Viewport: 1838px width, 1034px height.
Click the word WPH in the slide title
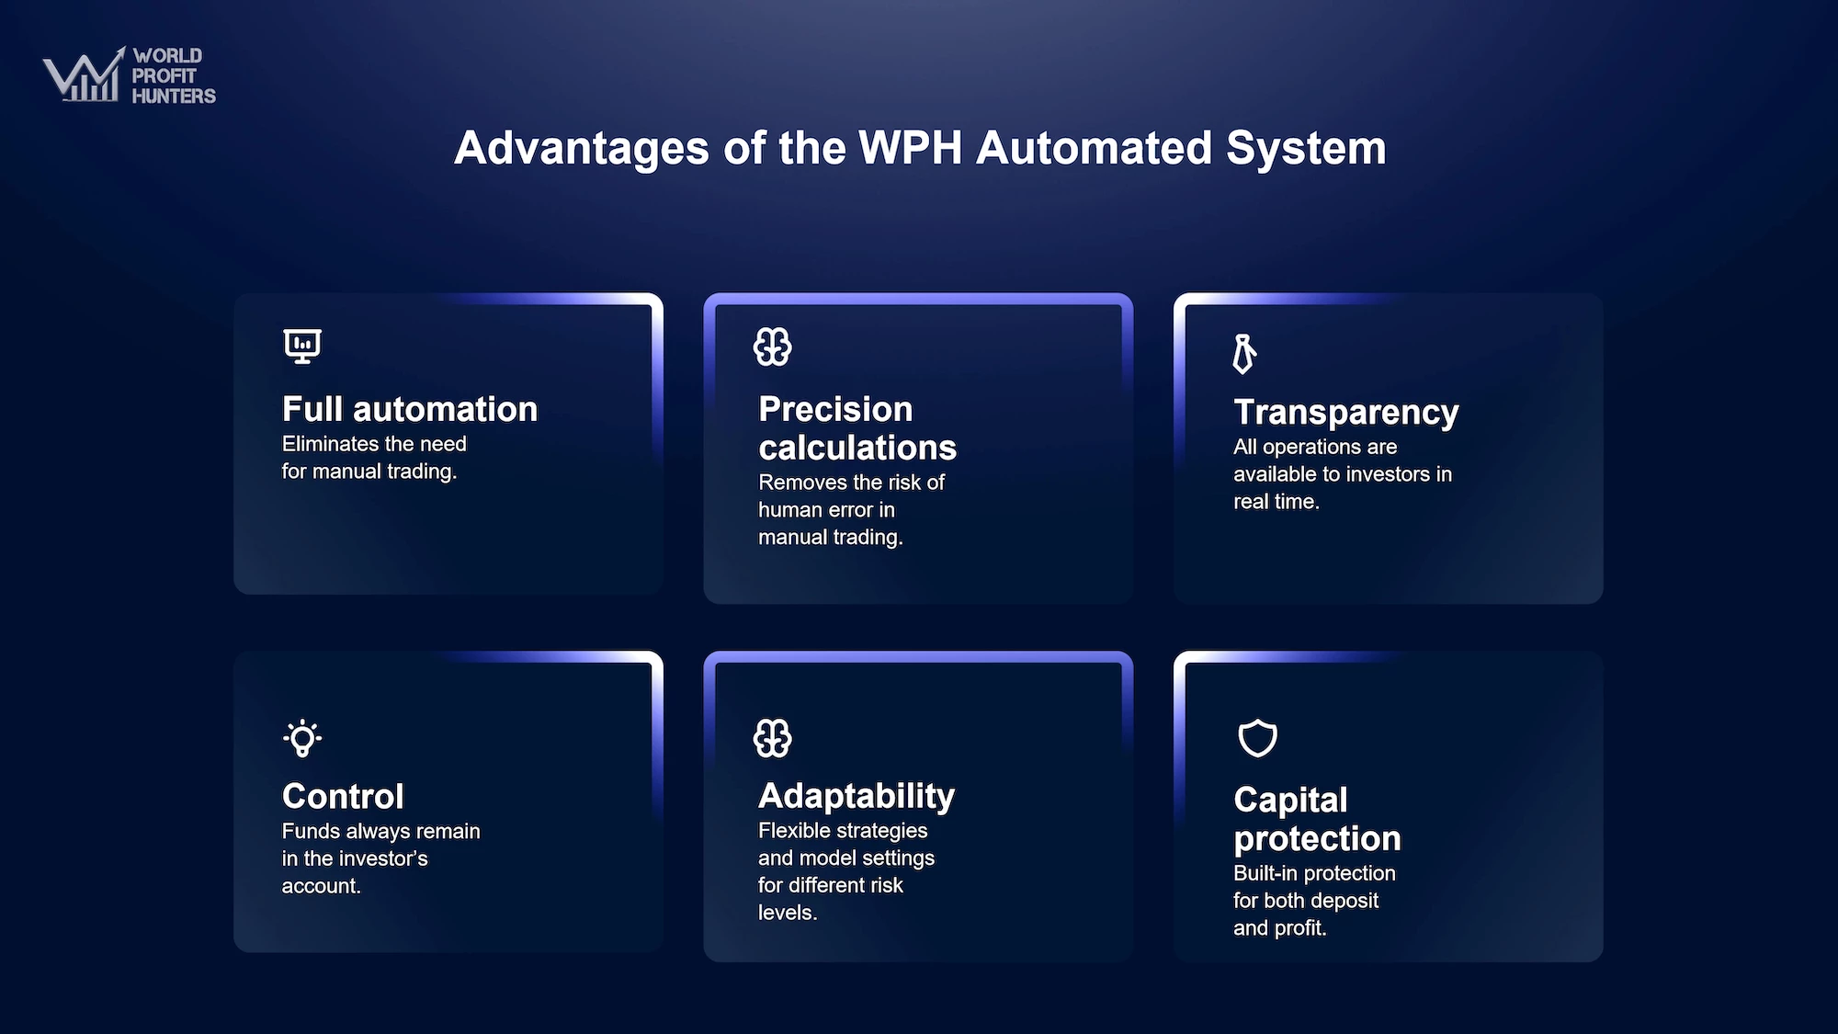point(910,148)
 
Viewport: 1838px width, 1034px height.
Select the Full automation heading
point(410,409)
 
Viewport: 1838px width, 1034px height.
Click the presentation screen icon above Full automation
point(302,347)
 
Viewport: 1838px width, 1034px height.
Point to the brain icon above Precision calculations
point(772,347)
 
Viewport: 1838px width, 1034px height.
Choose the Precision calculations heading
point(857,428)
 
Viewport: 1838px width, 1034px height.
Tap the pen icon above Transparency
point(1243,354)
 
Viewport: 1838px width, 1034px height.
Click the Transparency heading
point(1346,413)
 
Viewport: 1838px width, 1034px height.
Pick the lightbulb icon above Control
point(302,738)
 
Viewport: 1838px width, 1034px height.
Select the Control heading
point(343,796)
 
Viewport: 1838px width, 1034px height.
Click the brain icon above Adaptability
point(772,738)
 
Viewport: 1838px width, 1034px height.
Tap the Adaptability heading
point(857,796)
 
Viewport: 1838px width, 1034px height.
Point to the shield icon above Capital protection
point(1257,738)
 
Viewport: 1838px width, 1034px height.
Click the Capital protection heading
point(1317,819)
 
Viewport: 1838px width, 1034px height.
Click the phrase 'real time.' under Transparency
point(1276,502)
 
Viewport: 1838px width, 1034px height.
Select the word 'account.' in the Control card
point(321,886)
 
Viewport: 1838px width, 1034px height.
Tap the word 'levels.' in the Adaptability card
point(788,913)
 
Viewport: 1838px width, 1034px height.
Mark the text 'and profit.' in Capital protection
point(1280,928)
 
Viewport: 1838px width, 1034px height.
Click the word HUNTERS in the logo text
point(174,96)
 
